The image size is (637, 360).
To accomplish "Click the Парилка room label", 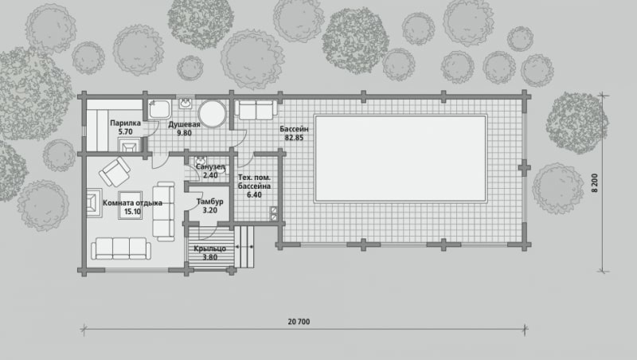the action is tap(125, 123).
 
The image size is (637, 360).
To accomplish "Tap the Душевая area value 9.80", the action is tap(184, 133).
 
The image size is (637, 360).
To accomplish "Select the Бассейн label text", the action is tap(294, 129).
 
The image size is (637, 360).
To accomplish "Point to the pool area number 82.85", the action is tap(294, 138).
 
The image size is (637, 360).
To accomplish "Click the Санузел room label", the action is tap(210, 166).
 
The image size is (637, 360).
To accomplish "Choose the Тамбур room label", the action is tap(209, 202).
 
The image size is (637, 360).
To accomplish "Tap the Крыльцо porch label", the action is tap(209, 248).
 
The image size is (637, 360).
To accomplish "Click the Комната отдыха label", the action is tap(132, 203).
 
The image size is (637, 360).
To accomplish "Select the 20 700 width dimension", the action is tap(299, 322).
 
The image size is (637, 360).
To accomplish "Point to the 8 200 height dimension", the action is tap(595, 183).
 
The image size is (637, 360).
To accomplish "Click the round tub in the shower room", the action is tap(212, 114).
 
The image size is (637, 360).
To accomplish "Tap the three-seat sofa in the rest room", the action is tap(121, 248).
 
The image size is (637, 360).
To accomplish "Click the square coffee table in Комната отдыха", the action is tap(130, 205).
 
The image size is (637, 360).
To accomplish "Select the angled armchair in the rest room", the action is tap(115, 172).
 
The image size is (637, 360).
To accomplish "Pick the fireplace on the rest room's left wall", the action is tap(93, 203).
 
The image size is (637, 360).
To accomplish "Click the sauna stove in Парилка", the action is tap(129, 145).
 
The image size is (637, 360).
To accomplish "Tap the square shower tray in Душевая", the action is tap(160, 110).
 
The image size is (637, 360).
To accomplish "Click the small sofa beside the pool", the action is tap(256, 110).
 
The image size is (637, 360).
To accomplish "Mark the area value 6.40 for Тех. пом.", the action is tap(254, 195).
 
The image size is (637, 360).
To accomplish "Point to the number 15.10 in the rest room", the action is tap(132, 212).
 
